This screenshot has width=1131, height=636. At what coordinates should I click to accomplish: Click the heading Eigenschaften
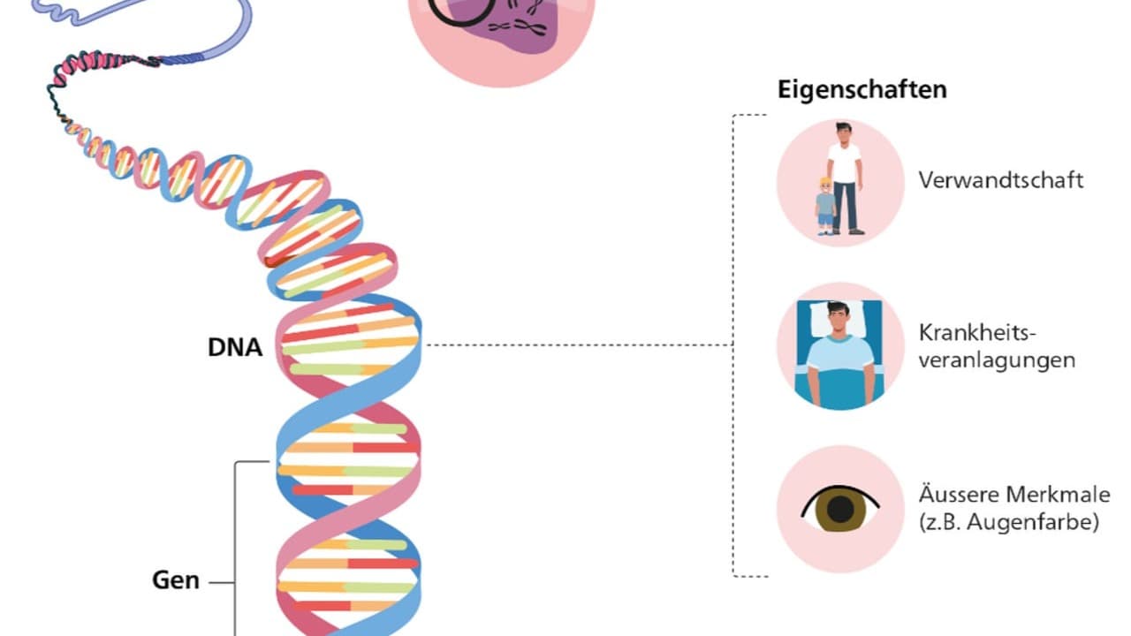[862, 89]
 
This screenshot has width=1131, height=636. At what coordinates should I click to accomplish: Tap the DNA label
[235, 347]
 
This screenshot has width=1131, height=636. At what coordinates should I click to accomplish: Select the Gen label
[176, 581]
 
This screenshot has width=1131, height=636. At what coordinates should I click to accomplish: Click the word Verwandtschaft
[1000, 180]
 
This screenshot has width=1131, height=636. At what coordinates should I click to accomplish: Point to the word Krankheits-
[976, 334]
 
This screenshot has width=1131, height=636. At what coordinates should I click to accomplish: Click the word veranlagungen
[997, 360]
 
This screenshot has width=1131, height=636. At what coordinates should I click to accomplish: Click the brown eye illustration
[840, 509]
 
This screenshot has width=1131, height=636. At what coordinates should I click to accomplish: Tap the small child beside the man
[825, 206]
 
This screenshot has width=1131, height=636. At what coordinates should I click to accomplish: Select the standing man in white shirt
[845, 177]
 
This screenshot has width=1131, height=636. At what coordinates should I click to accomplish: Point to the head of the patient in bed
[839, 320]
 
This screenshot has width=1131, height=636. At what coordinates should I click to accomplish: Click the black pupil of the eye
[840, 510]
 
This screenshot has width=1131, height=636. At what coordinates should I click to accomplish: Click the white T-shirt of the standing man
[845, 163]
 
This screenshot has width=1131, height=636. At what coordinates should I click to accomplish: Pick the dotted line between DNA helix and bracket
[579, 345]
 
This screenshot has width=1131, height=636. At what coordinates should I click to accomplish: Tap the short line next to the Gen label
[221, 582]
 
